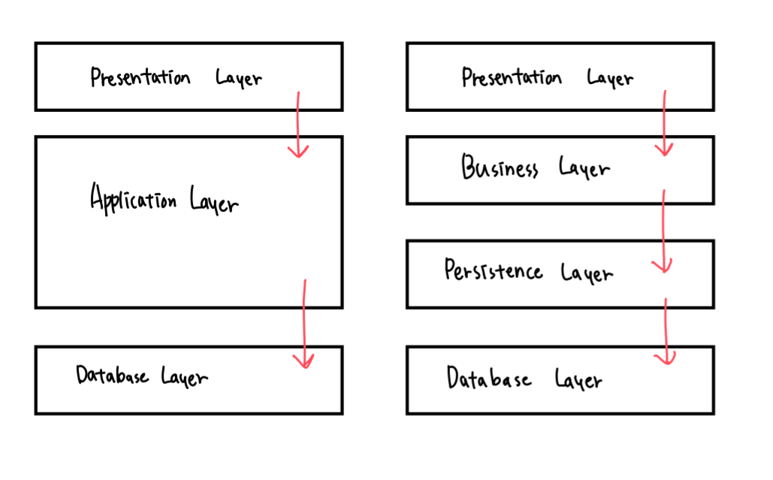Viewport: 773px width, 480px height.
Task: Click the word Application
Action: click(133, 198)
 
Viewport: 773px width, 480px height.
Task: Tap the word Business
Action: click(500, 167)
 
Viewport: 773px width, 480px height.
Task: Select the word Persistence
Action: click(493, 270)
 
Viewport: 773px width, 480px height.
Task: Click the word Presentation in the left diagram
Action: click(140, 77)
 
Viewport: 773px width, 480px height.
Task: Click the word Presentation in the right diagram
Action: click(512, 77)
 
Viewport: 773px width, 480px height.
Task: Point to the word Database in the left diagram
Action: click(112, 375)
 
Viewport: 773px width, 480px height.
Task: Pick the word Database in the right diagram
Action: click(489, 378)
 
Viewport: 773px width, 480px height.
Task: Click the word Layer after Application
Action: click(214, 201)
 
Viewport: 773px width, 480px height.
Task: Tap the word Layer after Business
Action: click(584, 168)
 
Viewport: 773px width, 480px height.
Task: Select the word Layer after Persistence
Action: click(587, 273)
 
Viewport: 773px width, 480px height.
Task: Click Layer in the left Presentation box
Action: click(239, 78)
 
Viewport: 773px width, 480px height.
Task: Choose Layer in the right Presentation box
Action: click(610, 78)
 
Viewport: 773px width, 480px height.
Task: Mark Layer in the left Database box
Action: click(184, 377)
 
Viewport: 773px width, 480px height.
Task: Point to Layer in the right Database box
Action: click(578, 379)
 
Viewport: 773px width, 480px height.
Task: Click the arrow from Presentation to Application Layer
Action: click(297, 124)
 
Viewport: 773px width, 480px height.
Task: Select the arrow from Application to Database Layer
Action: click(304, 324)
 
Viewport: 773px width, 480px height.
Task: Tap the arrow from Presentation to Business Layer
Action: click(664, 123)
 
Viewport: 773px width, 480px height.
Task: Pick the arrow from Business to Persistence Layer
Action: click(663, 231)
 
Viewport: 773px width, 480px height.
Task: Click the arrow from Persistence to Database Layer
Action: click(666, 331)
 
